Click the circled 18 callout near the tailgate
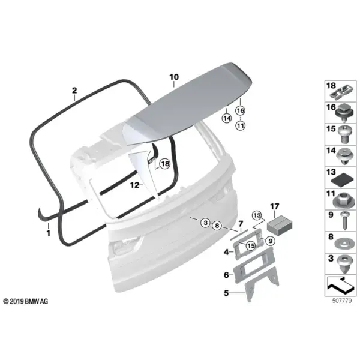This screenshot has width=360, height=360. click(165, 164)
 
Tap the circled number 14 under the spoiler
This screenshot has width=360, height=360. click(227, 118)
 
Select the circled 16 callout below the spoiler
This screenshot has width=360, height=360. click(241, 110)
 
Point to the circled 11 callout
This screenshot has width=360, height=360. click(241, 125)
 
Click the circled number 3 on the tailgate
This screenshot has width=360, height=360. click(205, 223)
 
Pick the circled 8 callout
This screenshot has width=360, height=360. click(217, 226)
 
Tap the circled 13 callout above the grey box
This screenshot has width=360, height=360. click(257, 215)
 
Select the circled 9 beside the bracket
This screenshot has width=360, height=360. click(271, 241)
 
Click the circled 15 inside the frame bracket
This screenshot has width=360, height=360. click(251, 245)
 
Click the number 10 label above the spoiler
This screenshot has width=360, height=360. click(174, 77)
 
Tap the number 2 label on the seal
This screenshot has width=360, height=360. click(74, 91)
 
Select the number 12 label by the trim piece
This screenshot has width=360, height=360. click(134, 185)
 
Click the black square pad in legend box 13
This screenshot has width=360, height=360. click(343, 181)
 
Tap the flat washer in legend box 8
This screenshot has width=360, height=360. click(343, 244)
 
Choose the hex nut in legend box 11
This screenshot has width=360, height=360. click(343, 200)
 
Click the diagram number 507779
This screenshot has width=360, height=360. click(342, 301)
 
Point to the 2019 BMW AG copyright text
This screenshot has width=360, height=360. click(26, 301)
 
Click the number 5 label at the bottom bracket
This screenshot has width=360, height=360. click(226, 293)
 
